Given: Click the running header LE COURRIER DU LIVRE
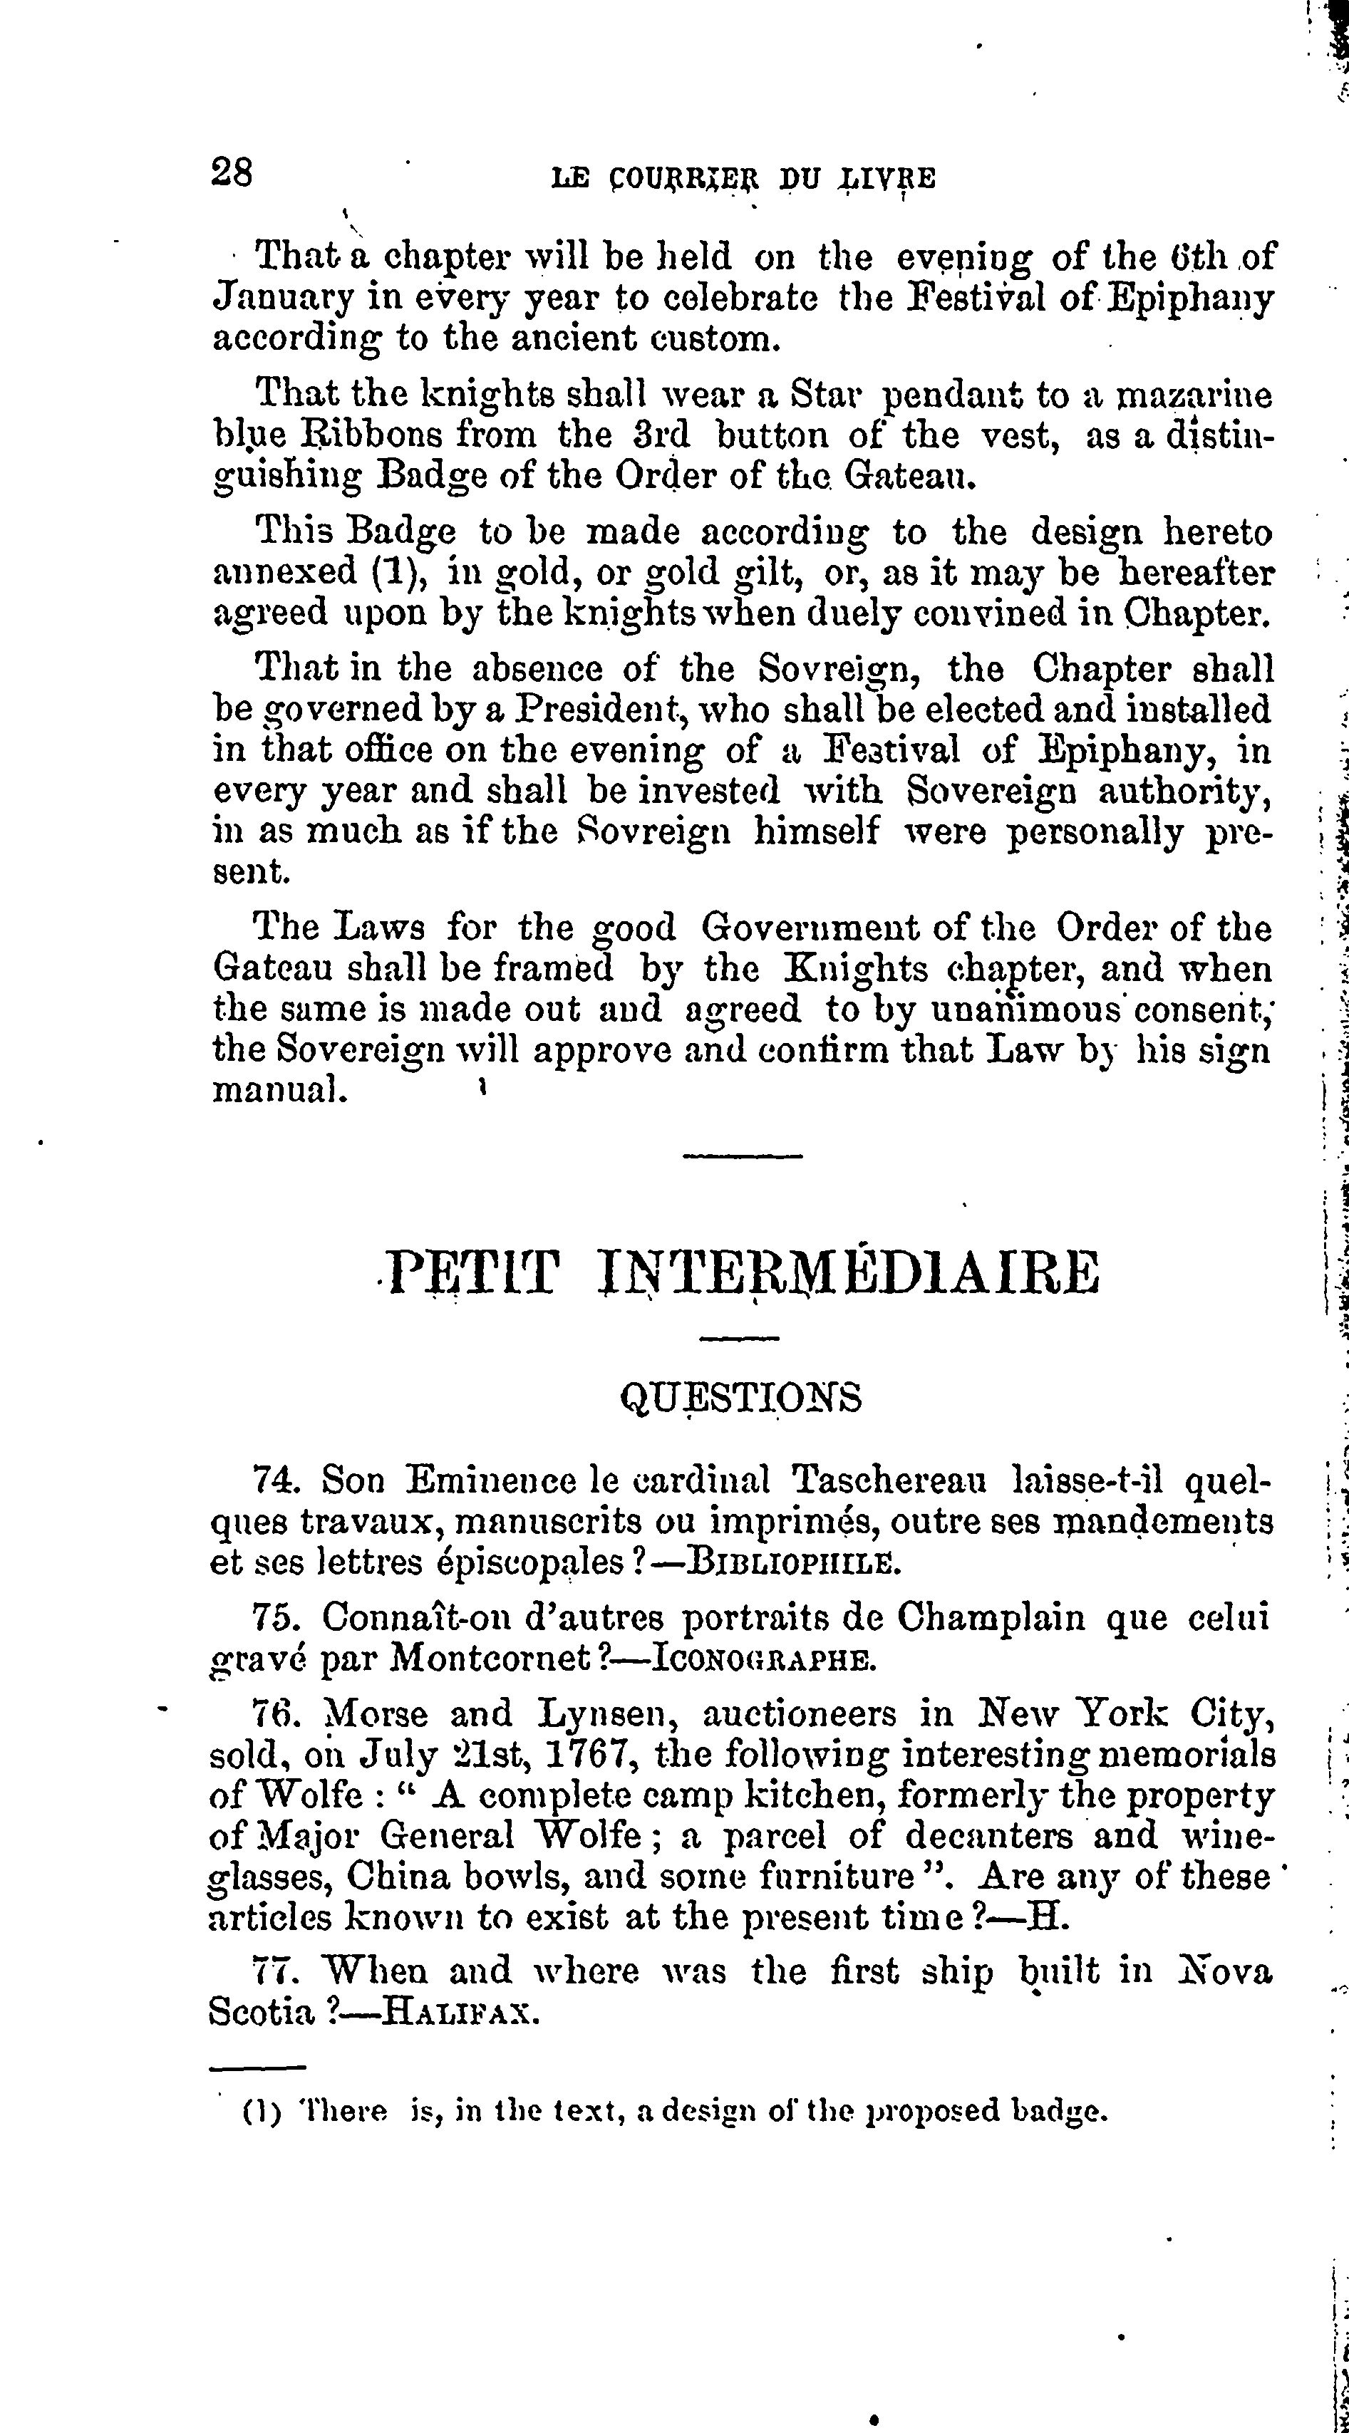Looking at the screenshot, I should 743,179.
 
